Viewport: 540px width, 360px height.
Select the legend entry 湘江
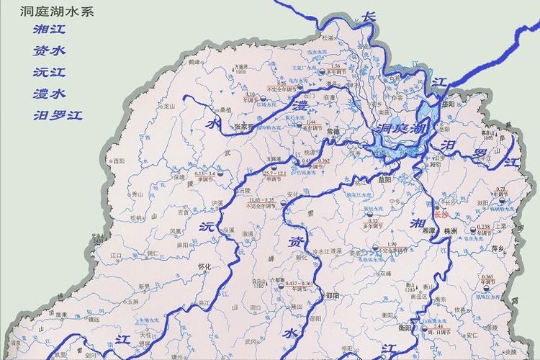pyautogui.click(x=49, y=30)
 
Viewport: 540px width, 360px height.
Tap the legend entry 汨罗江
pyautogui.click(x=58, y=114)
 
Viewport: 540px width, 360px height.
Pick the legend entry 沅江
pyautogui.click(x=49, y=72)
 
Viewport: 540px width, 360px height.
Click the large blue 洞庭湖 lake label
pyautogui.click(x=401, y=130)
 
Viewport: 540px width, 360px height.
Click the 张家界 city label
pyautogui.click(x=246, y=127)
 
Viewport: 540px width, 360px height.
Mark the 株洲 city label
pyautogui.click(x=451, y=231)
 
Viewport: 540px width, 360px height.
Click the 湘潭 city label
pyautogui.click(x=429, y=230)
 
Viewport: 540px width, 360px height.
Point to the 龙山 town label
pyautogui.click(x=169, y=105)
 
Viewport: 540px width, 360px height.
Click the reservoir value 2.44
pyautogui.click(x=438, y=326)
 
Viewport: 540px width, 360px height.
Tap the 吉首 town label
pyautogui.click(x=183, y=212)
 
